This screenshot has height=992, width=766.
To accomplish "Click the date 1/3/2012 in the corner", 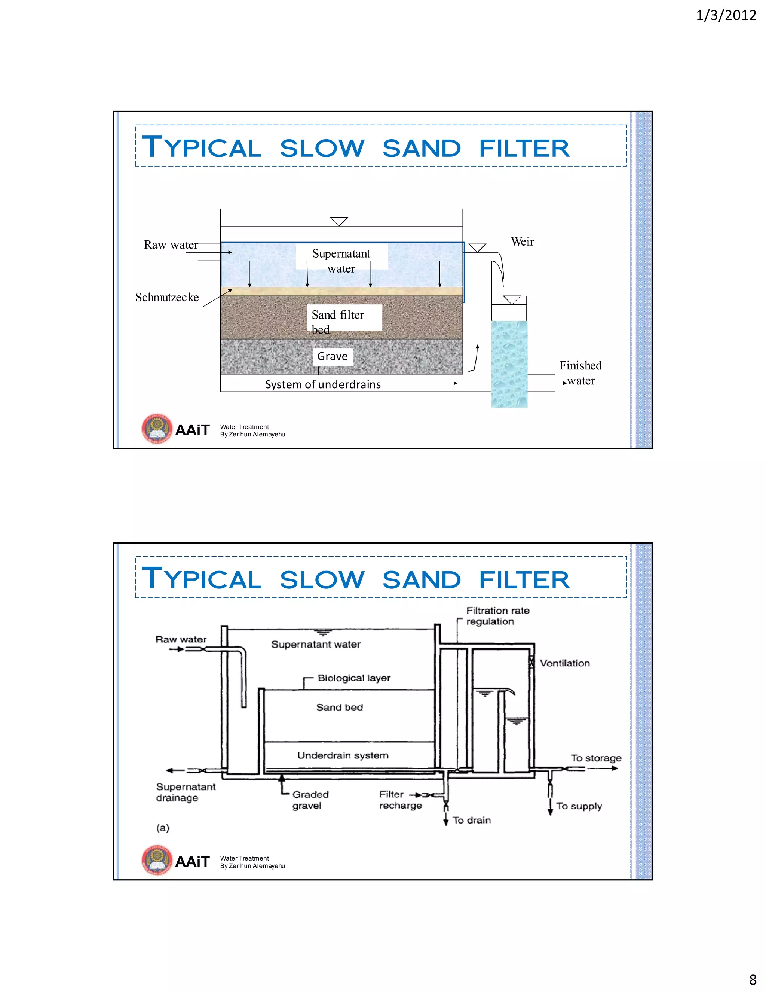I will coord(726,16).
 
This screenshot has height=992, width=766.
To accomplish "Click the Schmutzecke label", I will coord(167,298).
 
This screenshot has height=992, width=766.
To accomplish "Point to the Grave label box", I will coord(333,356).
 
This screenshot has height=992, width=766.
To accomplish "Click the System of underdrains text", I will coord(323,384).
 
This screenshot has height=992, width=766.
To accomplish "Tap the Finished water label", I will coord(580,373).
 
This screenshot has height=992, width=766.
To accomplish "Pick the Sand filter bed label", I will coord(338,321).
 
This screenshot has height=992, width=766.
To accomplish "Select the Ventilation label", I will coord(564,663).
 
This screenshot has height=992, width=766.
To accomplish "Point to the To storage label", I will coord(596,758).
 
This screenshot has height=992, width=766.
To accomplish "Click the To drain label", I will coord(472,820).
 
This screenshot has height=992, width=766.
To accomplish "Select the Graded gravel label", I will coord(310,800).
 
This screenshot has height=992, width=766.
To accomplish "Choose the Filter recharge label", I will coord(400,800).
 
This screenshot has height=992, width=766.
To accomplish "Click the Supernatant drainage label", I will coord(186,792).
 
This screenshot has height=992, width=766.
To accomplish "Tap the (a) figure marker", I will coord(162,828).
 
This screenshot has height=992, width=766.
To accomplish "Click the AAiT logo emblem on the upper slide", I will coord(157,428).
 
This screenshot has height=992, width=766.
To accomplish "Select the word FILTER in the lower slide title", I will coord(524,580).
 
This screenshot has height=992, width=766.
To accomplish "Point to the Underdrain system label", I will coord(343,755).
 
